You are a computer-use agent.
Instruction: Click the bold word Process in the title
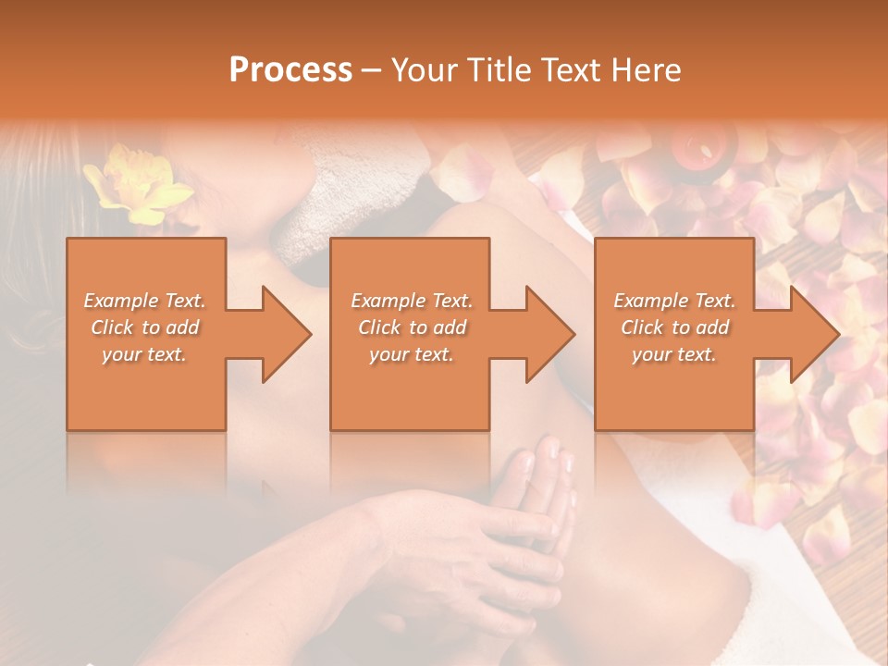290,70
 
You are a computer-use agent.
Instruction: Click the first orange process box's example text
145,327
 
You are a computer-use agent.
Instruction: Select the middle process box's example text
411,327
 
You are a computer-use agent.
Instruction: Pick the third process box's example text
674,327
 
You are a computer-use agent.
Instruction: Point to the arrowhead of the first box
286,333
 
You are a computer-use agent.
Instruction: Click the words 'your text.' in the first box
144,354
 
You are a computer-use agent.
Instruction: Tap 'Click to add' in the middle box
412,327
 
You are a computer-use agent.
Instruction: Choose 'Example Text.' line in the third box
674,301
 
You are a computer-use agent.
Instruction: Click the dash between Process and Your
372,70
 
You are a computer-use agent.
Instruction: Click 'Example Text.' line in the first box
144,301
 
